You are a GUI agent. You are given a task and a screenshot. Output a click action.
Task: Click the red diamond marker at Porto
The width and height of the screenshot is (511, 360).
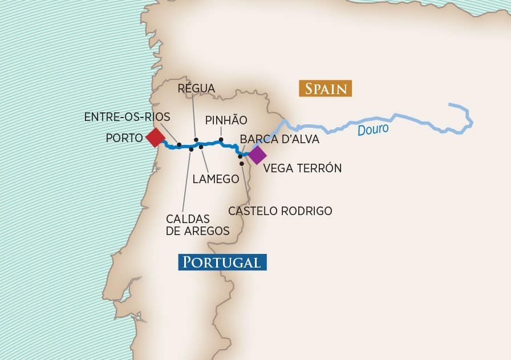[155, 137]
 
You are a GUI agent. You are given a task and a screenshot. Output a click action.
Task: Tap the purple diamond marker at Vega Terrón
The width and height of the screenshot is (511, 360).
[256, 155]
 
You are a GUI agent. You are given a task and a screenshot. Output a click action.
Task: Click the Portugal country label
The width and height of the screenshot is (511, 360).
[221, 262]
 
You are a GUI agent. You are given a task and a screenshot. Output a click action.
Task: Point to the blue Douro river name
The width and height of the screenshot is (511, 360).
[373, 130]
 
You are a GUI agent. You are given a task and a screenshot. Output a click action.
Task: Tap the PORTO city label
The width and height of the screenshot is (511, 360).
[124, 137]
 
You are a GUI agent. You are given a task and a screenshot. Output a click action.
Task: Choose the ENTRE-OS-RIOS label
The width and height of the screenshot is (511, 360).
[127, 116]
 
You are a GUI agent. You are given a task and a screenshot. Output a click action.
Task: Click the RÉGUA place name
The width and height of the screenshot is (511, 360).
[196, 88]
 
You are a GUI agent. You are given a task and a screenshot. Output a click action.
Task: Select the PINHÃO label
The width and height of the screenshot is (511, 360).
[226, 120]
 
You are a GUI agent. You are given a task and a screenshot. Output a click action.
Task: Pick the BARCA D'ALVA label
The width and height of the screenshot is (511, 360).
[279, 139]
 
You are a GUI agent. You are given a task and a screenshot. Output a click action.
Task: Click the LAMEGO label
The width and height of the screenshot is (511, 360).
[216, 179]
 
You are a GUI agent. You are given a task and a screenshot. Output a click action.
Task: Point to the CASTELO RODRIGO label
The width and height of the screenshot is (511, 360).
[280, 211]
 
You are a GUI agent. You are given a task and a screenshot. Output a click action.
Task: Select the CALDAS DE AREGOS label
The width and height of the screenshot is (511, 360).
[198, 225]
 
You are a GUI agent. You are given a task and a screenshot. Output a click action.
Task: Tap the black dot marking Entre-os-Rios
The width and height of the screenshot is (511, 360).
[179, 145]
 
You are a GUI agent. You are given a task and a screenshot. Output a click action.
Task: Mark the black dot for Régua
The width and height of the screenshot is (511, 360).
[196, 140]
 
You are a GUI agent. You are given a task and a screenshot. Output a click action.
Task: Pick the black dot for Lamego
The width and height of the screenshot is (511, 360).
[201, 147]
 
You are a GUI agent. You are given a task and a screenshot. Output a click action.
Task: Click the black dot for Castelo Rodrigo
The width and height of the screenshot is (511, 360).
[242, 164]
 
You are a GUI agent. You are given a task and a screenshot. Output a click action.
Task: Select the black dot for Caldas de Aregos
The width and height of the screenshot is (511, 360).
[191, 149]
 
